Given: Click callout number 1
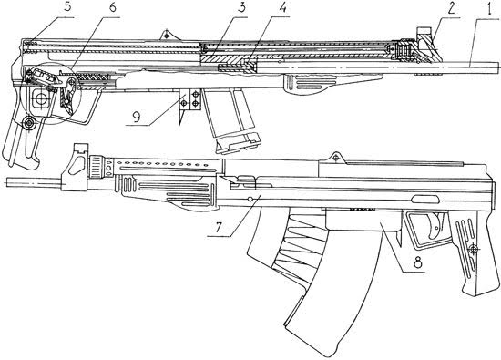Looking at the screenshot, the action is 489,9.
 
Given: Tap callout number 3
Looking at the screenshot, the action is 242,8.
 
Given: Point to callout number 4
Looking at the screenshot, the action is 281,8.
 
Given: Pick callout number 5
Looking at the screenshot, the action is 66,7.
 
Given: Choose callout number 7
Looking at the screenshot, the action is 219,227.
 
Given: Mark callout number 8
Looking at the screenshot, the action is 417,263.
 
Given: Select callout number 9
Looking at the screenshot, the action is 137,117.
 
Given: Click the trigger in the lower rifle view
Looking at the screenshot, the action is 434,226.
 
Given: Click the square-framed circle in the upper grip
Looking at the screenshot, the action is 41,98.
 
